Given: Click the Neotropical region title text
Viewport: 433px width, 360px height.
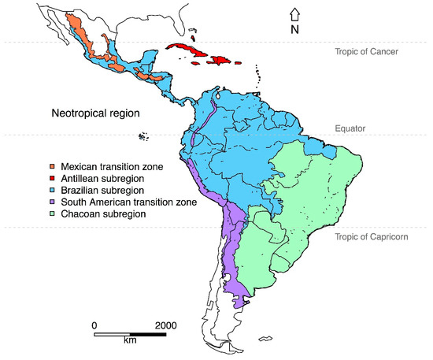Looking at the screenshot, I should pyautogui.click(x=95, y=113).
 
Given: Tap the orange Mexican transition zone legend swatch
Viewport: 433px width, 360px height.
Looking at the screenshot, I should pyautogui.click(x=52, y=166).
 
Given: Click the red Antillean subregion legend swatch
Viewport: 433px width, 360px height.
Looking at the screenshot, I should pyautogui.click(x=52, y=178).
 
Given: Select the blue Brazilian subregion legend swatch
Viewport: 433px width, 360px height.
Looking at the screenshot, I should pyautogui.click(x=52, y=190).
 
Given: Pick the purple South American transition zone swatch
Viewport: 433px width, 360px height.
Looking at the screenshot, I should pyautogui.click(x=52, y=202).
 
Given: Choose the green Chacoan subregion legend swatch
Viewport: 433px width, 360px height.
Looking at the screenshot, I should pyautogui.click(x=52, y=213).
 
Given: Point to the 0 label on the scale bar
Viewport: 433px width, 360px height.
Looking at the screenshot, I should pyautogui.click(x=94, y=325).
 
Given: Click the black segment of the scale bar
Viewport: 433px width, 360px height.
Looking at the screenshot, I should pyautogui.click(x=147, y=335).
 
